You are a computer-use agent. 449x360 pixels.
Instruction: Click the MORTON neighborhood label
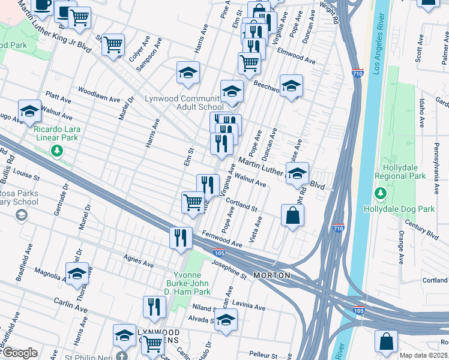point(272,275)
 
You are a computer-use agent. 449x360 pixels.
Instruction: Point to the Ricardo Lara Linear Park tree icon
point(57,151)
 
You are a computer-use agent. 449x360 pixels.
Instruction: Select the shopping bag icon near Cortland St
point(292,216)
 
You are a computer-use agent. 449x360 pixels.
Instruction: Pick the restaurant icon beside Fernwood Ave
point(180,238)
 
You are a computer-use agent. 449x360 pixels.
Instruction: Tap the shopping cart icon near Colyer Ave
point(113,44)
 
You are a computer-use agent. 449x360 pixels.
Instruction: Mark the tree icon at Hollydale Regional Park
point(380,193)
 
